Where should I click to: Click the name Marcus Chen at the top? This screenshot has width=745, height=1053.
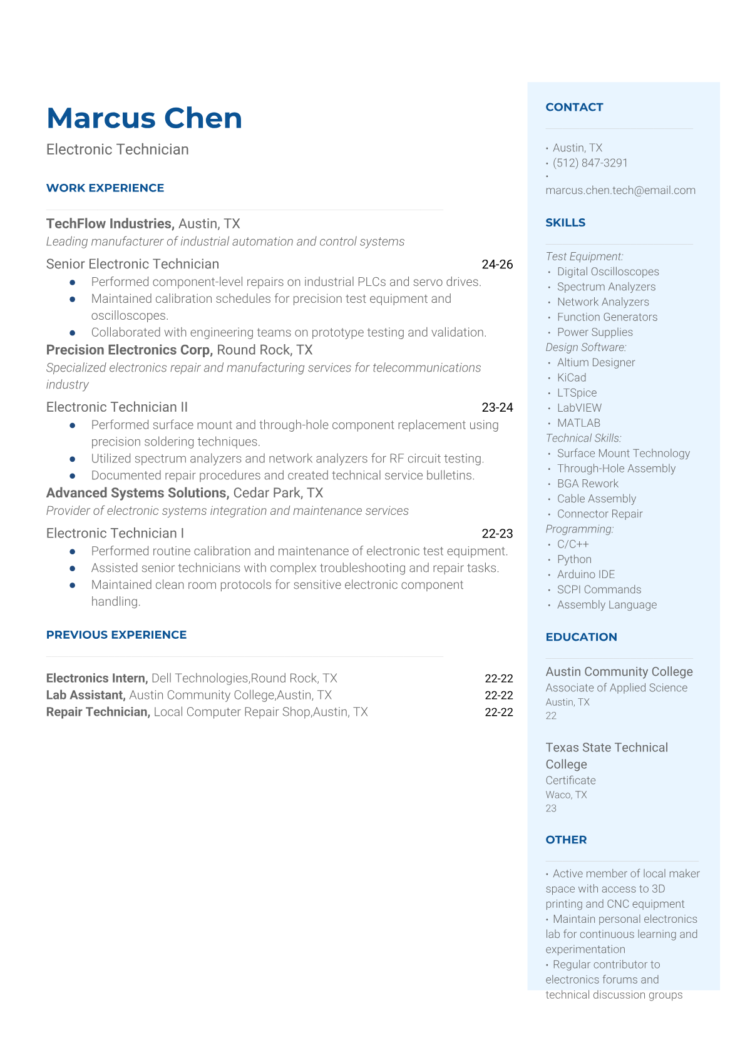tap(144, 118)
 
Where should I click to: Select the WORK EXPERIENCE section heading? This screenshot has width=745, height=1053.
tap(105, 188)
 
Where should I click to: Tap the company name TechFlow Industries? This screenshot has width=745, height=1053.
tap(110, 224)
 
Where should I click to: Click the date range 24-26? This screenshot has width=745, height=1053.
tap(497, 265)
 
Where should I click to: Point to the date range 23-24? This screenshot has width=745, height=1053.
tap(497, 407)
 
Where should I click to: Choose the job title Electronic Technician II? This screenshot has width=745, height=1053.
tap(117, 407)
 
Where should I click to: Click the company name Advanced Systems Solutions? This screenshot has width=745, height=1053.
tap(137, 493)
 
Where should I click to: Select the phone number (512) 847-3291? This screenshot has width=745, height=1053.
tap(590, 163)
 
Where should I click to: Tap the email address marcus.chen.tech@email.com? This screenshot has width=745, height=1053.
tap(620, 190)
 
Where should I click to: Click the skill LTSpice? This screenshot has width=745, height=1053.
tap(577, 393)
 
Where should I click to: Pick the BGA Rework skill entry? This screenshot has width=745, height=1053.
tap(587, 484)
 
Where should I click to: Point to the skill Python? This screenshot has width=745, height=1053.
tap(574, 559)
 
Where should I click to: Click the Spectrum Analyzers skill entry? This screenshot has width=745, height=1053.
tap(606, 287)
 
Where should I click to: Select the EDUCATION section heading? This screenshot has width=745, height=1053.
tap(581, 637)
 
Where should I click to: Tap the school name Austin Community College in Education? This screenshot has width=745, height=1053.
tap(619, 671)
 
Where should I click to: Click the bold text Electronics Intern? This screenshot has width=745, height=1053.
tap(96, 678)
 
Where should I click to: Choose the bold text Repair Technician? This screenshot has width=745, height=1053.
tap(98, 712)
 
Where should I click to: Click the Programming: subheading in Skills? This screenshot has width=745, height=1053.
tap(579, 529)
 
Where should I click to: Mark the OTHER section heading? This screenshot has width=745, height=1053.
tap(566, 840)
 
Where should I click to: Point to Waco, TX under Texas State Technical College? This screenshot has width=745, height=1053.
tap(566, 795)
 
